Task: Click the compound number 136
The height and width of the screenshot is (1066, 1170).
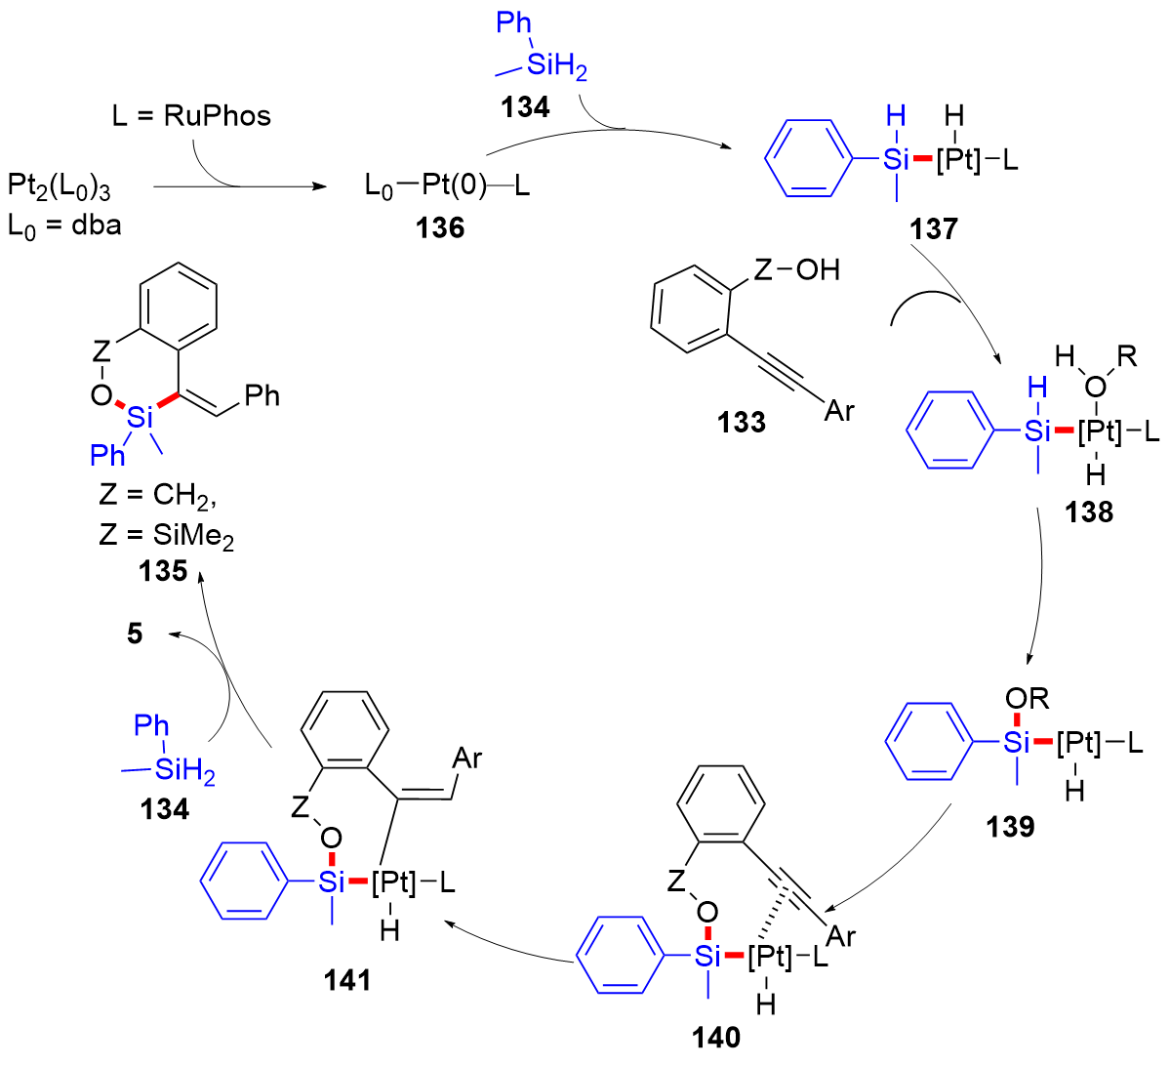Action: coord(440,227)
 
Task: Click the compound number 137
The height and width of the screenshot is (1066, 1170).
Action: coord(934,228)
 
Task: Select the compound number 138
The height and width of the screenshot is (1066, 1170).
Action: coord(1089,512)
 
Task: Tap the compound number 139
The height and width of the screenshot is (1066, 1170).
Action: coord(1010,827)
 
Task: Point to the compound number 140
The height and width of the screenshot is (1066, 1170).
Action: coord(716,1038)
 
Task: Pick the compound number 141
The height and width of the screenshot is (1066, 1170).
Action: coord(347,979)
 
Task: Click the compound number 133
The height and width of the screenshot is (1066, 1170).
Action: coord(742,422)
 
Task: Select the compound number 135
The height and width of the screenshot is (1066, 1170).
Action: coord(162,570)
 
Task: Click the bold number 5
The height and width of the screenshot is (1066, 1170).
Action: coord(135,634)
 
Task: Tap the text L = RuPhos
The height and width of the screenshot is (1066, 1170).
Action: coord(191,116)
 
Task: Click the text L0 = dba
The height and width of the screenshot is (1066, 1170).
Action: coord(64,225)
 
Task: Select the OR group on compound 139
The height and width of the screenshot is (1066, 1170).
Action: coord(1027,699)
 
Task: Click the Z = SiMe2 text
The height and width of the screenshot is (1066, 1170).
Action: coord(166,535)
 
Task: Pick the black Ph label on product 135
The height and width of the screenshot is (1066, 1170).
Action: coord(262,395)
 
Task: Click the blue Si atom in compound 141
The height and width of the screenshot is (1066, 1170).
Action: coord(333,883)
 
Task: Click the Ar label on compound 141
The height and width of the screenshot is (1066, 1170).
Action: coord(467,758)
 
